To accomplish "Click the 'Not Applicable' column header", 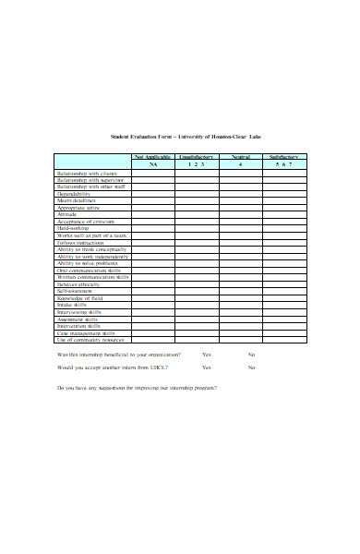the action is click(152, 157).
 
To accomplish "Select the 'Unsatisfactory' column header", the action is click(196, 157).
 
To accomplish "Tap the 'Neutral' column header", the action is click(240, 157).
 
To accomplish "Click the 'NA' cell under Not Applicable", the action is click(152, 164).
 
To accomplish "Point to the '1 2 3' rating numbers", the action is click(196, 164).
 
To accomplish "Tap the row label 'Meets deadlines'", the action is click(77, 200).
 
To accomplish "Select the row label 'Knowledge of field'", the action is click(80, 297).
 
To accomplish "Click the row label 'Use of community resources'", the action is click(90, 339).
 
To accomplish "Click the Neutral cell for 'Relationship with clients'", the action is click(240, 173).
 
